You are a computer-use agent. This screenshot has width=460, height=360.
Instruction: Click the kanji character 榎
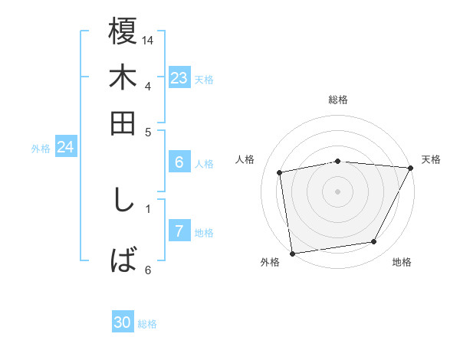[123, 33]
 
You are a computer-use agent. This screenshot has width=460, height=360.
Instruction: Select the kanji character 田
[123, 122]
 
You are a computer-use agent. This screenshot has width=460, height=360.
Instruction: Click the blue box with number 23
[179, 78]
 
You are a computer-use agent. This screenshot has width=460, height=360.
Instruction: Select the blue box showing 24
[65, 147]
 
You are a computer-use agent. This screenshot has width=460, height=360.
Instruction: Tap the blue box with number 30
[123, 322]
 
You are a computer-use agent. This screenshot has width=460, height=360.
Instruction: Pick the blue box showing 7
[179, 231]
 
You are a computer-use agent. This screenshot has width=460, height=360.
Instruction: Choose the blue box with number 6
[179, 162]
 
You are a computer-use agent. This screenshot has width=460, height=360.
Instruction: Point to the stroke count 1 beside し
[148, 208]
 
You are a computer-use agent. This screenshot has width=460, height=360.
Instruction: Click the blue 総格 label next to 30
[147, 324]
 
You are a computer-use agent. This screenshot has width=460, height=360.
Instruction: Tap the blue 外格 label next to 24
[41, 149]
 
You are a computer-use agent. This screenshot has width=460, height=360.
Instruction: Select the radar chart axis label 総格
[338, 100]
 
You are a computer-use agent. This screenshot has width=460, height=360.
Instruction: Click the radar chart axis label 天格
[431, 159]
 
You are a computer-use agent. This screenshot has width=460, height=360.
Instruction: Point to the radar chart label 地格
[402, 263]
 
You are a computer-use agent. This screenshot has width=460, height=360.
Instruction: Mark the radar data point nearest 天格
[411, 168]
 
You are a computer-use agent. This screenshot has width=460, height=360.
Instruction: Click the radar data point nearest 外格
[292, 253]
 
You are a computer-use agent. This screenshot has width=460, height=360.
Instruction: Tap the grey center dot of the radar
[338, 191]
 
